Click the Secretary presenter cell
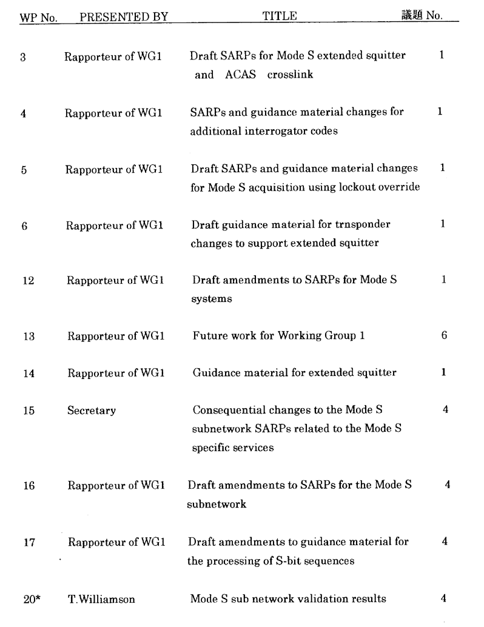[x=92, y=411]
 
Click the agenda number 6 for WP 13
[x=444, y=335]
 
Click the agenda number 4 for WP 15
[x=446, y=410]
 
